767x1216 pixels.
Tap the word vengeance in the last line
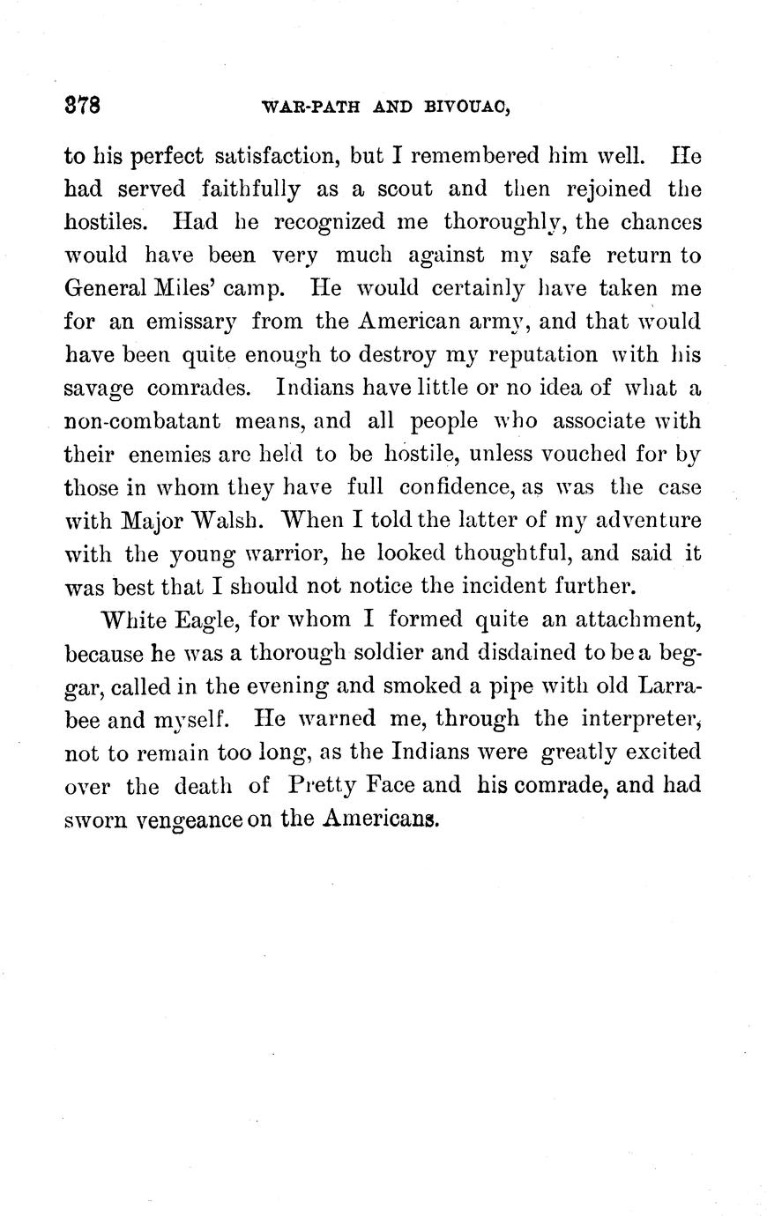coord(170,819)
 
